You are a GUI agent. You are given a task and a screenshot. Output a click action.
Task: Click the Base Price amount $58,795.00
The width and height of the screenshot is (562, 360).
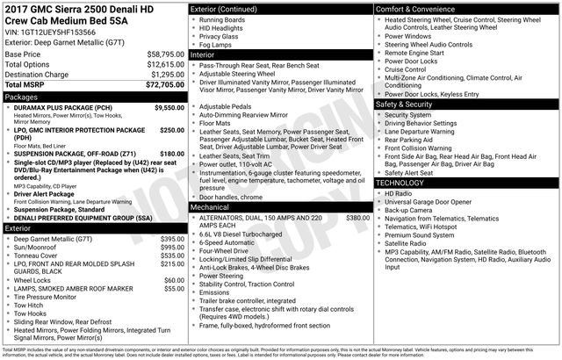[165, 54]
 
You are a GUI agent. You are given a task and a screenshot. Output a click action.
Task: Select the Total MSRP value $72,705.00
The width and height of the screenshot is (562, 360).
[165, 85]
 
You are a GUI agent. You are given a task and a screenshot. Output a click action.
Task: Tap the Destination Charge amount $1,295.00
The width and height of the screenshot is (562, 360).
[166, 75]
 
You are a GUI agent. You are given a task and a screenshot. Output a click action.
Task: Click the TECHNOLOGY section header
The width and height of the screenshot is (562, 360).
[401, 182]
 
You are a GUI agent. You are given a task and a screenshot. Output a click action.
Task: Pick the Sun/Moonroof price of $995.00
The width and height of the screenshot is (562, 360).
[172, 223]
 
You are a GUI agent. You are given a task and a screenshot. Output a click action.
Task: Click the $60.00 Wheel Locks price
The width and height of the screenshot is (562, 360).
[174, 256]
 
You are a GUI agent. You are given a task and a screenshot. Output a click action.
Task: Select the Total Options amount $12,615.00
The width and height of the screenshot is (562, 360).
[165, 65]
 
